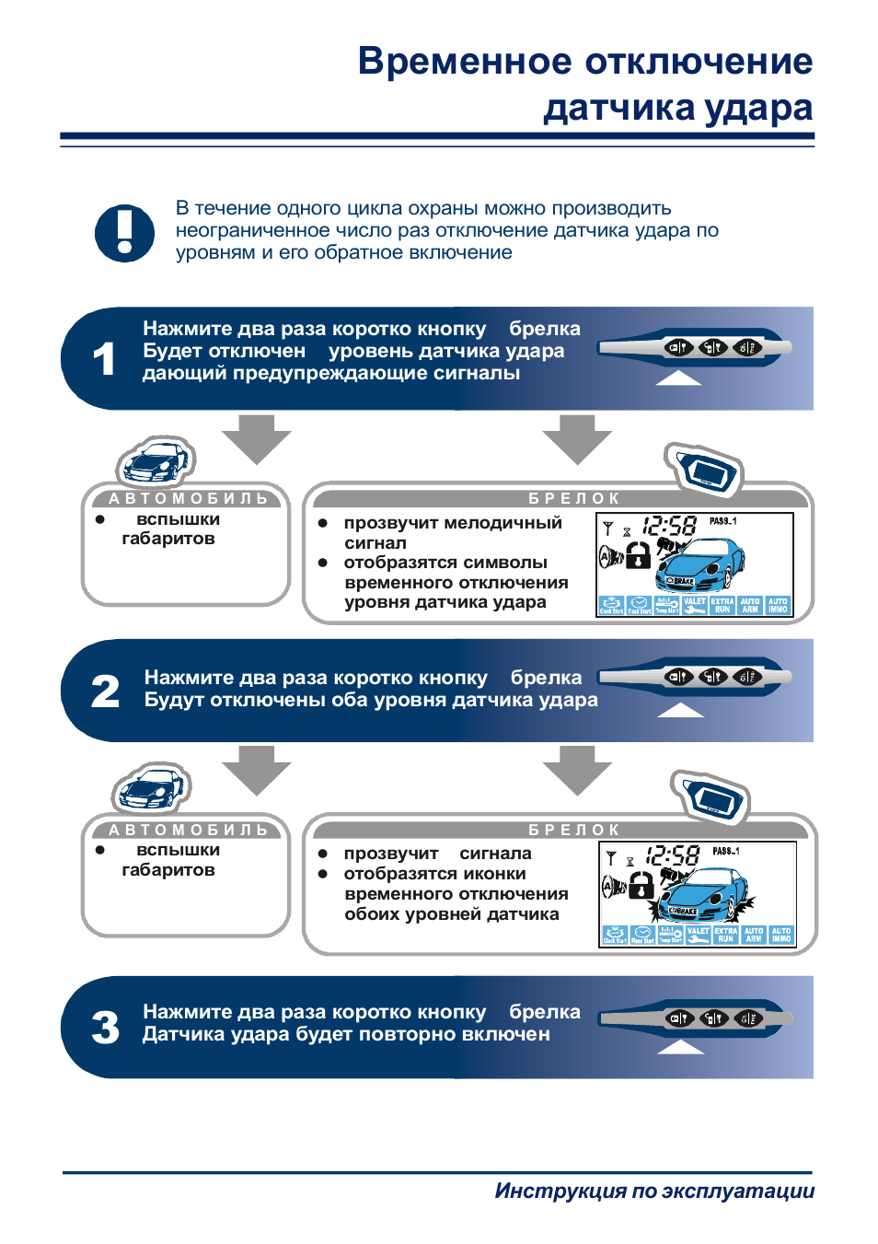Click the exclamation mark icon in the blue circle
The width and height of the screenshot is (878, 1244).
[124, 233]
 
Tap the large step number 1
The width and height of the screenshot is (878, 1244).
[104, 359]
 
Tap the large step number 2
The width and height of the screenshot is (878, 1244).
[105, 692]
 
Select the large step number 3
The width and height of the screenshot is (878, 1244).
[105, 1028]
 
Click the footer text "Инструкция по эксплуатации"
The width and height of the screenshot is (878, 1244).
[654, 1191]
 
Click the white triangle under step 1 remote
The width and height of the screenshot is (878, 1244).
[678, 378]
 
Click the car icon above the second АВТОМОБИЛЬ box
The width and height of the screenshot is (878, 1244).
[151, 787]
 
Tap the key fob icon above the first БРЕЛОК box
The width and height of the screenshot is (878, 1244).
[704, 470]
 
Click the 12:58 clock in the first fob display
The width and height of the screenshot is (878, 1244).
[669, 526]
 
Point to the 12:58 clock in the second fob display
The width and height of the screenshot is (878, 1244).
[672, 855]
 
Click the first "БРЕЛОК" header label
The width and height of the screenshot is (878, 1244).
[574, 498]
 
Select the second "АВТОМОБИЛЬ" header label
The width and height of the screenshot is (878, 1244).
[189, 830]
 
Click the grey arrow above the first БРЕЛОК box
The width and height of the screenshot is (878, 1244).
[577, 438]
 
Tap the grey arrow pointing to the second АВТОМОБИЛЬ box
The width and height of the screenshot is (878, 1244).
[256, 770]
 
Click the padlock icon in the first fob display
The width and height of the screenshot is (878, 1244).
[638, 554]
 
